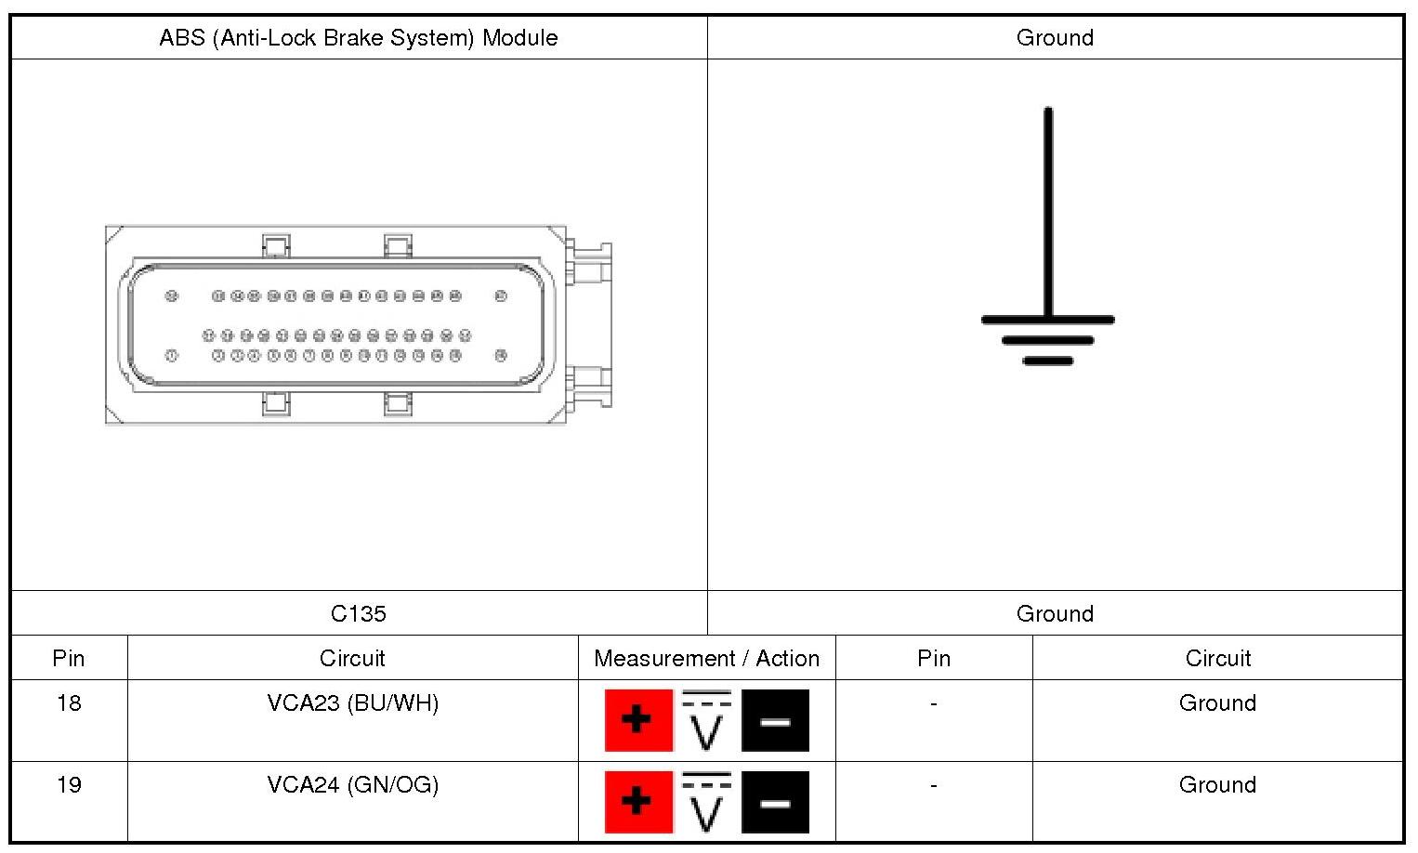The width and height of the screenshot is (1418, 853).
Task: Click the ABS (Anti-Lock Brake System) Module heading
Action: coord(359,38)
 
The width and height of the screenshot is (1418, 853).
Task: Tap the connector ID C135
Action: coord(359,613)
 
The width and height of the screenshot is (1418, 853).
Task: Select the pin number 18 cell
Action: coord(69,703)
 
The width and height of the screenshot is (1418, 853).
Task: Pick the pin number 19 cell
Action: coord(69,785)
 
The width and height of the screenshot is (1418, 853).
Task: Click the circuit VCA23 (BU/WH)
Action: coord(353,703)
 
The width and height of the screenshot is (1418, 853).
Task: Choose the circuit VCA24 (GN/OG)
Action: coord(353,785)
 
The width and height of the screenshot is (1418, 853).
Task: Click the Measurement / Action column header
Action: coord(706,659)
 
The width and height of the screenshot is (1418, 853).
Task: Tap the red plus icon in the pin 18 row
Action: coord(638,720)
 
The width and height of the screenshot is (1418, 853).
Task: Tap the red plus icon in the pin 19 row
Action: coord(638,802)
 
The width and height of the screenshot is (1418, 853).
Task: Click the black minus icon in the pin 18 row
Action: coord(775,720)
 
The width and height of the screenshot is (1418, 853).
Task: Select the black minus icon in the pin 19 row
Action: coord(775,802)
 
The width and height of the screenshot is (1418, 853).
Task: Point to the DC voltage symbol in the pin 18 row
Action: coord(706,720)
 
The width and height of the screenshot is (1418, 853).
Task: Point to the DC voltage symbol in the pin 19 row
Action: coord(706,802)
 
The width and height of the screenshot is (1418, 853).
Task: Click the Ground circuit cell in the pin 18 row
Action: coord(1217,703)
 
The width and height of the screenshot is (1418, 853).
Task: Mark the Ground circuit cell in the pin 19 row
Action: coord(1217,785)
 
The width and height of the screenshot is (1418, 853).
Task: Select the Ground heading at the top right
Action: coord(1055,38)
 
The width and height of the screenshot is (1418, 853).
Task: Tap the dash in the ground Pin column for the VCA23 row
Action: coord(934,703)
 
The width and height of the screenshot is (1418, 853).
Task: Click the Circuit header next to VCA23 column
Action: coord(352,659)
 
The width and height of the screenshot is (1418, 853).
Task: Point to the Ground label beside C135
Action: coord(1055,613)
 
